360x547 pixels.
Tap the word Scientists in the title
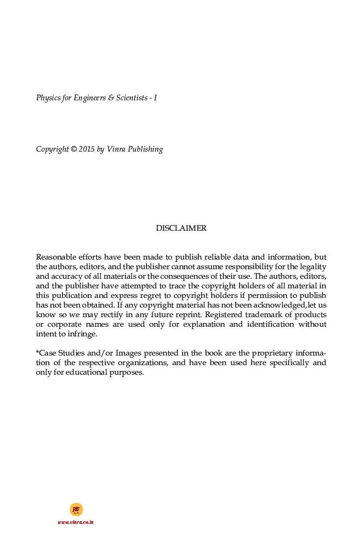point(132,98)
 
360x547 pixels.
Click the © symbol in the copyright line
point(73,149)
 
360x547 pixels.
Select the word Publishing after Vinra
point(143,149)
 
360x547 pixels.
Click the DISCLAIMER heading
point(181,228)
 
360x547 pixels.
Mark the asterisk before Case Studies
point(37,352)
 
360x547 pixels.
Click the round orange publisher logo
point(76,509)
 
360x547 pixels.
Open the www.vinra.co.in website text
point(75,522)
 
